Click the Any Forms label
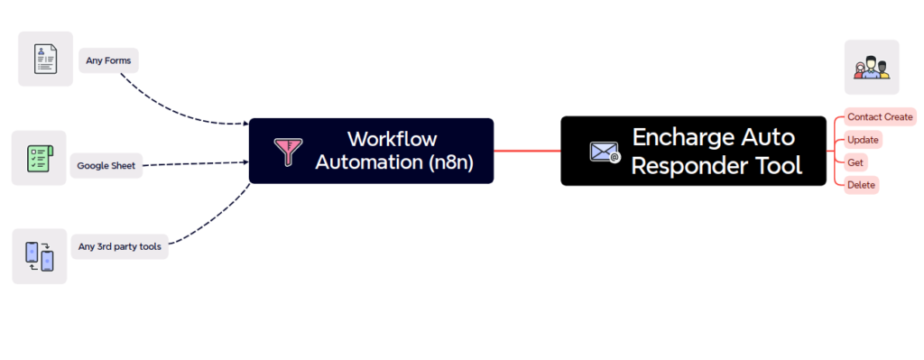(x=108, y=61)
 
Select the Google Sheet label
(x=106, y=166)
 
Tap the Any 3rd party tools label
(x=119, y=246)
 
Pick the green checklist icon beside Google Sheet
(x=39, y=158)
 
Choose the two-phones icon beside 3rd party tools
(x=39, y=255)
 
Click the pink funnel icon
(x=289, y=152)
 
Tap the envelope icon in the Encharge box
(x=605, y=152)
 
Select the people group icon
(x=872, y=68)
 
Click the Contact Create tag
(x=880, y=117)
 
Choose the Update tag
(x=863, y=140)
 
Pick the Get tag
(x=855, y=162)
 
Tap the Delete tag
(x=861, y=185)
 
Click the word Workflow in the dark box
(x=392, y=139)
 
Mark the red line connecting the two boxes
(x=527, y=151)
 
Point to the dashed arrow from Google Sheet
(x=194, y=163)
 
